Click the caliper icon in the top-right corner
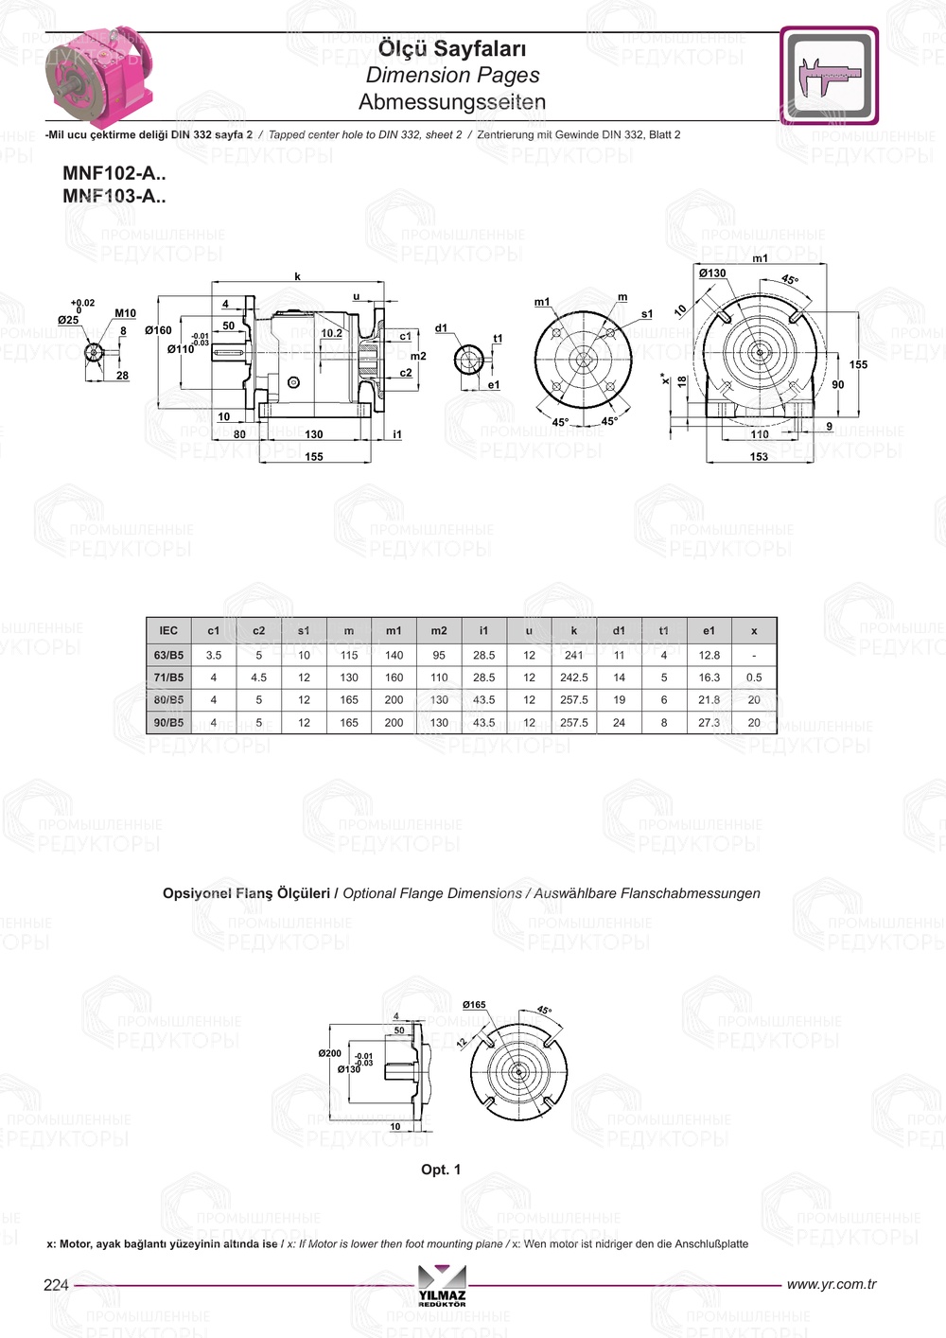(x=829, y=76)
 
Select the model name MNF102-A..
(x=114, y=173)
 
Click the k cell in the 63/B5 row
(x=573, y=655)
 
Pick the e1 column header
(x=709, y=630)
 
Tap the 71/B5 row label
(x=168, y=678)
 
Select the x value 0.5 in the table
(x=753, y=678)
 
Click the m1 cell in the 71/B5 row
(x=394, y=678)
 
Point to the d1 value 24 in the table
(x=619, y=722)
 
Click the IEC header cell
(x=168, y=630)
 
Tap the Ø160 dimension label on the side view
(x=158, y=330)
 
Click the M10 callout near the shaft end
(x=125, y=313)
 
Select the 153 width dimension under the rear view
(x=759, y=457)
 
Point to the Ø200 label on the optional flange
(x=329, y=1053)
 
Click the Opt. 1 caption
(x=441, y=1170)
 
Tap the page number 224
(x=56, y=1284)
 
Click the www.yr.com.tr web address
(x=831, y=1284)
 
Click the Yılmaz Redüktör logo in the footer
(x=442, y=1285)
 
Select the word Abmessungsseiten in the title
(x=452, y=102)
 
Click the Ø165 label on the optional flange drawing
(x=474, y=1005)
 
